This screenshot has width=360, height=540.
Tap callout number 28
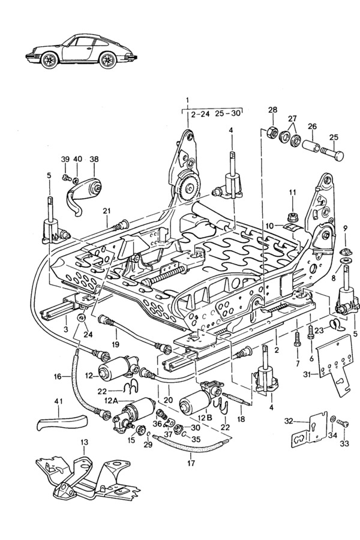pos(273,110)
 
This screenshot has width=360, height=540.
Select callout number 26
pos(312,127)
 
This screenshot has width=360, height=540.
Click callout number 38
pos(94,159)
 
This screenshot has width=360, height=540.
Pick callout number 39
pos(65,159)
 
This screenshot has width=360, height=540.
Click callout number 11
pos(292,192)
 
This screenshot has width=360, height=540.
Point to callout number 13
pos(84,442)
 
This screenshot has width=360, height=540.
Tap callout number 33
pos(344,445)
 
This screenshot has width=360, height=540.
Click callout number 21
pos(107,211)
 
